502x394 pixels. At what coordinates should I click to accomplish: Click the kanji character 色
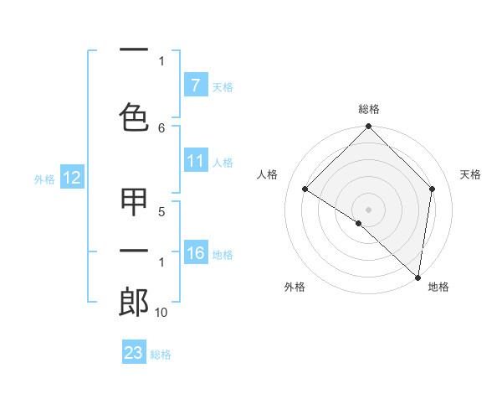(x=134, y=117)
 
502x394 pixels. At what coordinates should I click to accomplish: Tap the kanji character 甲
(x=134, y=201)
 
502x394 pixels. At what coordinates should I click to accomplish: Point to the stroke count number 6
(x=161, y=127)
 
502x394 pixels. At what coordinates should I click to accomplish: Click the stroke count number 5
(x=161, y=213)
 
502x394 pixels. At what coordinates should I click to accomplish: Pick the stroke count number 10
(x=161, y=313)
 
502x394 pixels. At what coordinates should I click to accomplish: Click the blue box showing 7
(x=195, y=86)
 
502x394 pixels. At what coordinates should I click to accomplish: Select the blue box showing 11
(x=195, y=161)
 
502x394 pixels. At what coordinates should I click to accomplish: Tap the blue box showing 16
(x=195, y=253)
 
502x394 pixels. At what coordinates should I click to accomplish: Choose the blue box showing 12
(x=71, y=178)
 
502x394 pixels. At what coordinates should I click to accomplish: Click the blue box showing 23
(x=134, y=353)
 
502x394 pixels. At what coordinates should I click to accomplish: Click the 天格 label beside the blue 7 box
(x=223, y=86)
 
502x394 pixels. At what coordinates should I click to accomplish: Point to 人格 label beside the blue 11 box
(x=223, y=162)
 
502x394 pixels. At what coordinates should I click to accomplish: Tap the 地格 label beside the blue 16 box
(x=223, y=254)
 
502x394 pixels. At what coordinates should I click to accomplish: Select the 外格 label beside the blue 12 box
(x=44, y=179)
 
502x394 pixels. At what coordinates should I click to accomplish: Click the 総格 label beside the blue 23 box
(x=161, y=354)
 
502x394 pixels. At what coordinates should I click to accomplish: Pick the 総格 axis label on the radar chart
(x=368, y=109)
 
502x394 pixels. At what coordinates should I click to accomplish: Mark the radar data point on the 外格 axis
(x=359, y=223)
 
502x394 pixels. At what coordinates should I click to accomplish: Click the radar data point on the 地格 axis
(x=417, y=277)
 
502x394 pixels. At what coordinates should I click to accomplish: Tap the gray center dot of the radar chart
(x=368, y=209)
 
